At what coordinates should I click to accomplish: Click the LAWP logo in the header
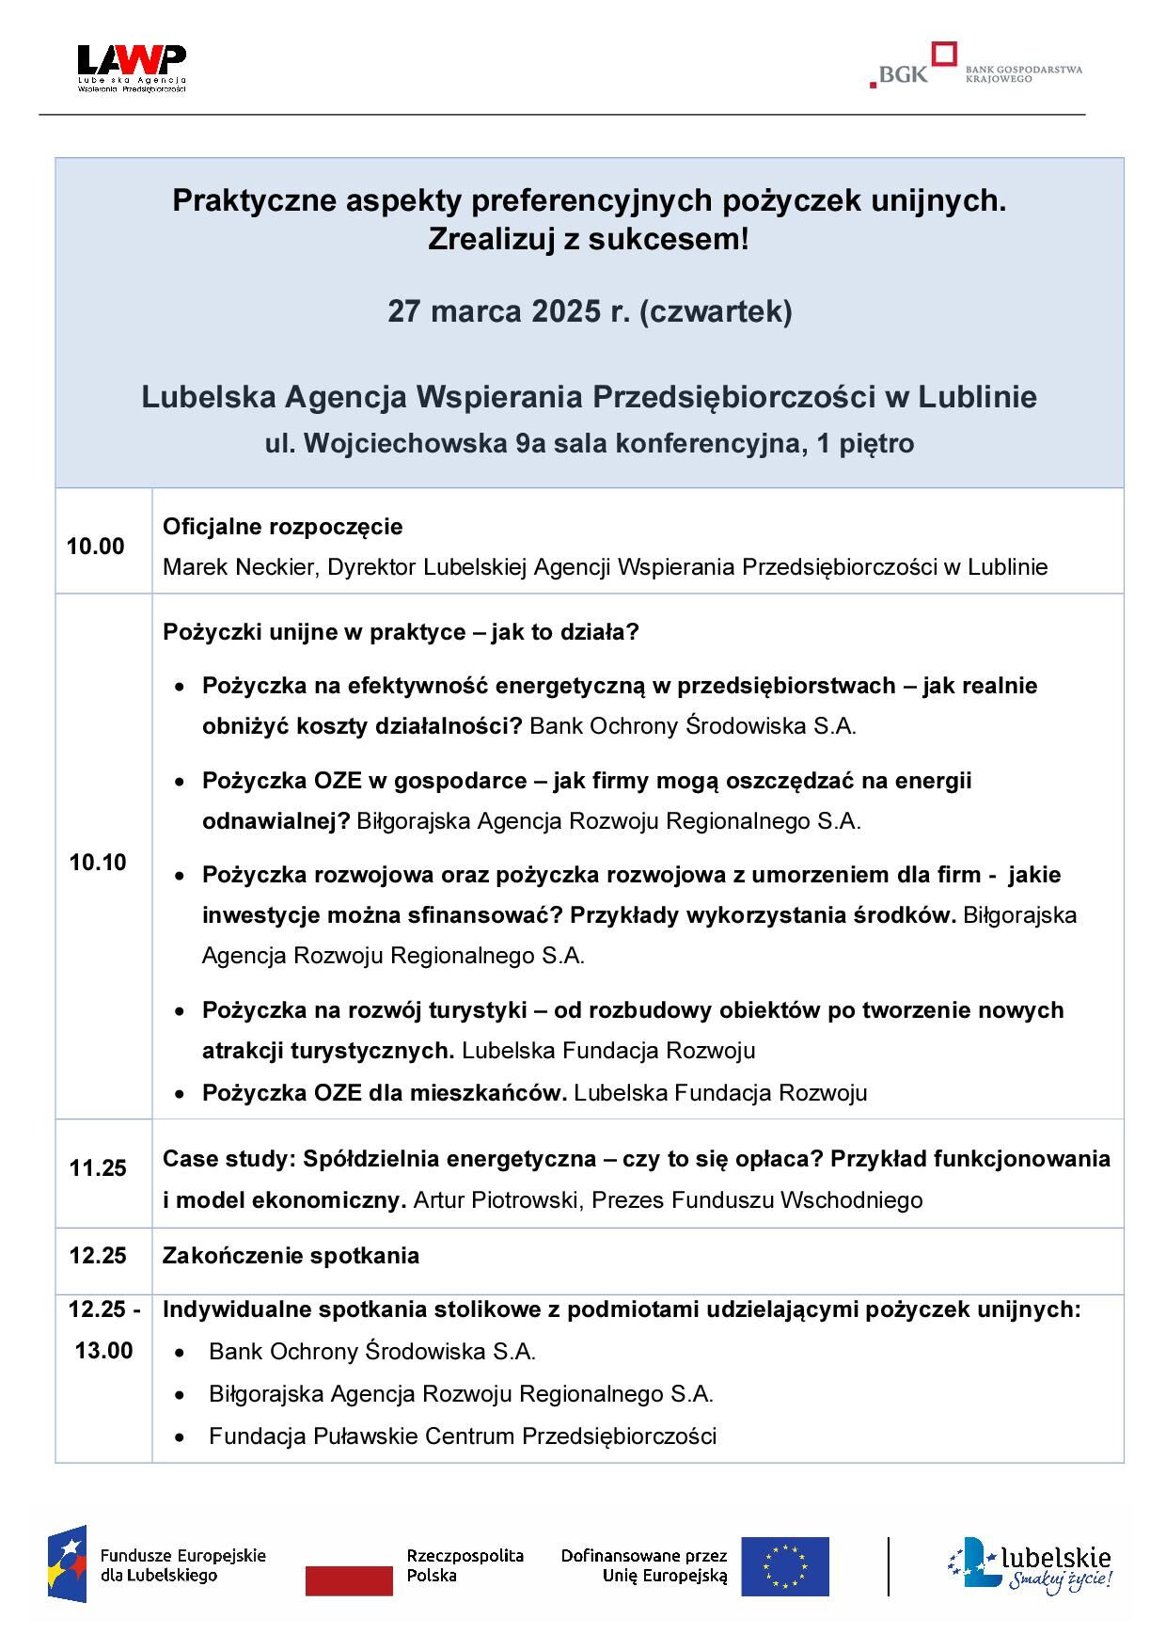click(132, 68)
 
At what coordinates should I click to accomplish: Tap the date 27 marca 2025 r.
click(508, 311)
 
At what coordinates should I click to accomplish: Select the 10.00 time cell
click(95, 547)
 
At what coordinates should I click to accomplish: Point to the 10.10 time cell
click(98, 863)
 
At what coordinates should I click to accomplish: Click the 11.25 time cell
click(98, 1168)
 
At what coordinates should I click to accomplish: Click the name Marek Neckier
click(239, 567)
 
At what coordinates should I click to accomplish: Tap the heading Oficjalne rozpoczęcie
click(282, 527)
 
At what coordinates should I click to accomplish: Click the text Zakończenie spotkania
click(291, 1256)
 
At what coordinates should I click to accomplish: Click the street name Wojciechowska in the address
click(404, 443)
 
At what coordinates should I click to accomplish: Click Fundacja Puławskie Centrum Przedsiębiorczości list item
click(462, 1436)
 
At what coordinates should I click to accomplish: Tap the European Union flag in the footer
click(784, 1566)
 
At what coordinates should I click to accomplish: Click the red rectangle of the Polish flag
click(349, 1580)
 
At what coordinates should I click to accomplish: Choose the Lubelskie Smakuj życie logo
click(1029, 1567)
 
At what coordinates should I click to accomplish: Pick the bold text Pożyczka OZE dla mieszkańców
click(384, 1093)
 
